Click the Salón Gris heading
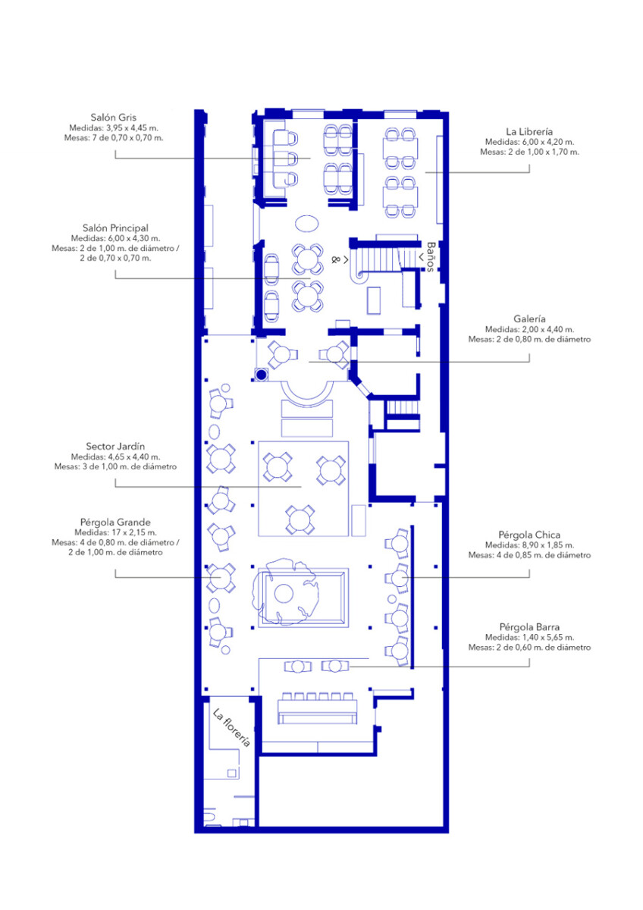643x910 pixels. pos(113,118)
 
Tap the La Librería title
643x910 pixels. pos(529,132)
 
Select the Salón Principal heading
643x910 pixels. pos(115,228)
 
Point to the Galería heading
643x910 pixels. pos(529,319)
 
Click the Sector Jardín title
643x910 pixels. pos(115,447)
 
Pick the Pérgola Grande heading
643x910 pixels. pos(115,522)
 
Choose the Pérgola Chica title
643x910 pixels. pos(529,535)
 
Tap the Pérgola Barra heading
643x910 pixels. pos(529,627)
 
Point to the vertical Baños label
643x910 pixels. pos(431,257)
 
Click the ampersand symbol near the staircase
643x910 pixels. pos(335,259)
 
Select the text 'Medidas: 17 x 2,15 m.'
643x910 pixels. pos(115,532)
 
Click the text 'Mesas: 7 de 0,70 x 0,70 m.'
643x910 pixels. pos(114,138)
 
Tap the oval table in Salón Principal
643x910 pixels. pos(306,223)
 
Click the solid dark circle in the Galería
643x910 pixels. pos(262,375)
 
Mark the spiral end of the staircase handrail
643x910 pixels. pos(360,275)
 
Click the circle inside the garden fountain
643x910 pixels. pos(284,595)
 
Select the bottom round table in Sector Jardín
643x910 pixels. pos(300,519)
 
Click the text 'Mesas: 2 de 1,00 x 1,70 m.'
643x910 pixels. pos(529,152)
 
